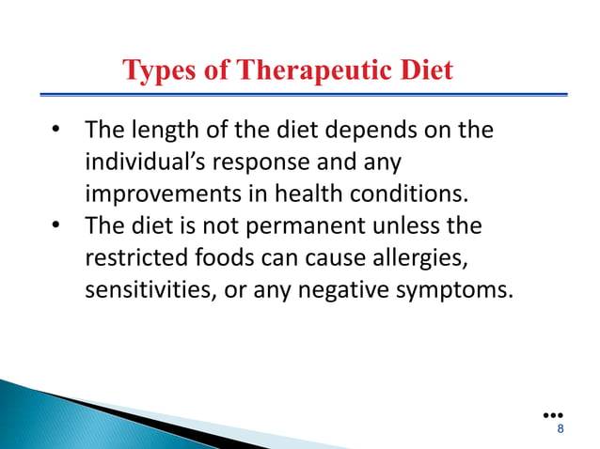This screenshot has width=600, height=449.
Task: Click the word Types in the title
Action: tap(155, 71)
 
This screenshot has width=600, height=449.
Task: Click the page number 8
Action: tap(561, 429)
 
